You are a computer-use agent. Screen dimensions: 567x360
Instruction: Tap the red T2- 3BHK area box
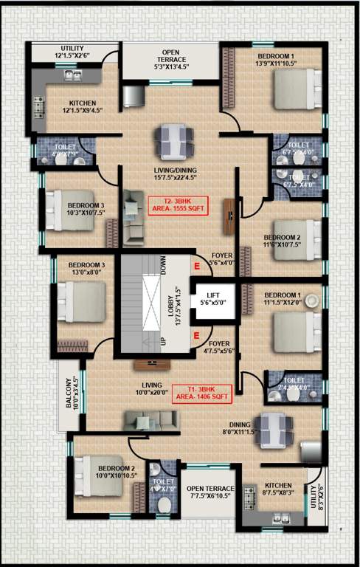click(x=177, y=205)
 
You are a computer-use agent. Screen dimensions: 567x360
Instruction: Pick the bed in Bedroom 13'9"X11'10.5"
click(x=294, y=89)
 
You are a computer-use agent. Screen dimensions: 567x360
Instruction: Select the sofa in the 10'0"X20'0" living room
click(x=150, y=421)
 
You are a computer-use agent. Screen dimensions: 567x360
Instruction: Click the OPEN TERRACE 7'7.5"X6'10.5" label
click(x=210, y=493)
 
